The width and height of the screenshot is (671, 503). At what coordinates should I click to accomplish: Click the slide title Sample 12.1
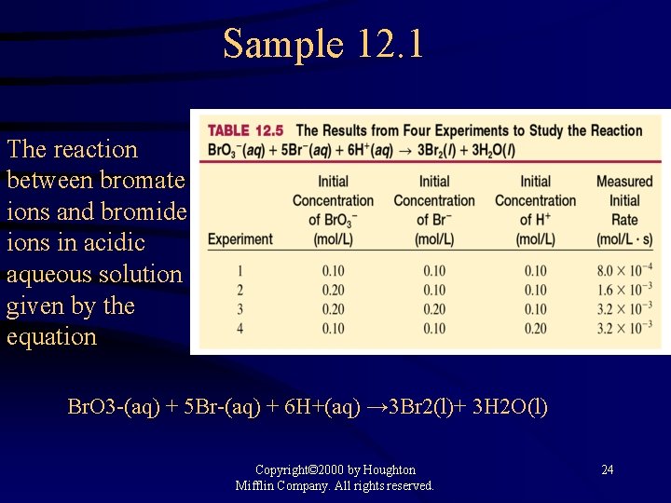(322, 44)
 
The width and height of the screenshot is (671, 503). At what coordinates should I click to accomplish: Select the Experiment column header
(240, 238)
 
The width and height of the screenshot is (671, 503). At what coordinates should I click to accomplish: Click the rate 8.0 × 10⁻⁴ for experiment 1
(624, 271)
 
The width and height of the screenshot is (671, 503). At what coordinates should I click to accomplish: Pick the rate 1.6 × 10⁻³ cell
(624, 290)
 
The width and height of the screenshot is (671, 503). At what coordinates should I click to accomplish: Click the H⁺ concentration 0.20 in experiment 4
(535, 328)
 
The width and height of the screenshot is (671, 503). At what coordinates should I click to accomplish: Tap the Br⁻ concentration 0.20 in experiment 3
(433, 308)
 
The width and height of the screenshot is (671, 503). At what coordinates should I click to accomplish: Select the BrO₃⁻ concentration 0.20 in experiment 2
(333, 290)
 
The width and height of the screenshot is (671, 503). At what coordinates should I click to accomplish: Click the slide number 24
(607, 469)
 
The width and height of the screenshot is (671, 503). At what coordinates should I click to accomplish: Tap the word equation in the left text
(51, 336)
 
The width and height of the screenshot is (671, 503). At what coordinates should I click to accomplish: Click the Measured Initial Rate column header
(624, 210)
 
